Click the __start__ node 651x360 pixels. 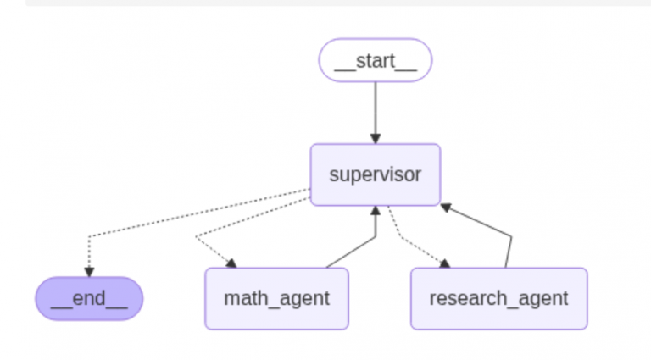pos(375,60)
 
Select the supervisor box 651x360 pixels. pos(375,174)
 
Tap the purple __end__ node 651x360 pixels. pos(89,298)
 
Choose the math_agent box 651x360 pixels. pos(276,298)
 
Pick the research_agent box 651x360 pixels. pos(498,298)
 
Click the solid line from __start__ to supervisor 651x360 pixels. pos(375,110)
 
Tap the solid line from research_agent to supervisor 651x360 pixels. pos(483,224)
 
